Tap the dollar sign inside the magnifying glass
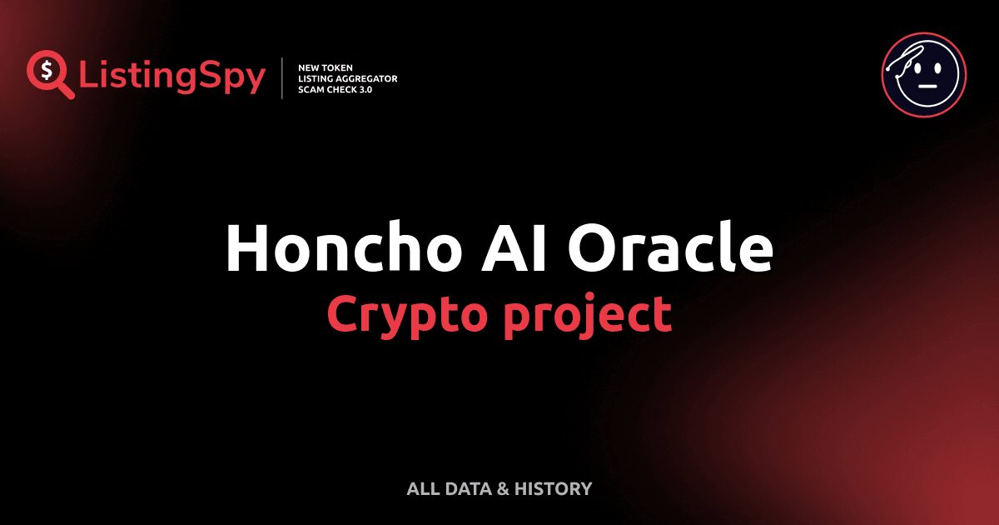tap(47, 70)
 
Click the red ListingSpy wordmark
tap(172, 77)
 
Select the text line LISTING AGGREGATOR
tap(347, 78)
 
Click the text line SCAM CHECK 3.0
tap(335, 90)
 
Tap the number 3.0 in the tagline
tap(364, 90)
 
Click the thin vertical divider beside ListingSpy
tap(283, 78)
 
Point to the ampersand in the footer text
tap(502, 489)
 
